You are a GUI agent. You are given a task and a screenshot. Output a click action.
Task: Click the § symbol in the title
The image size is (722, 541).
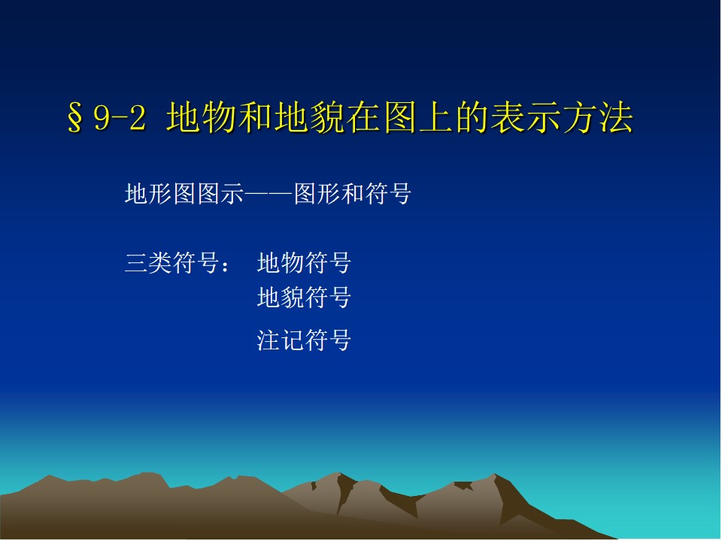(75, 118)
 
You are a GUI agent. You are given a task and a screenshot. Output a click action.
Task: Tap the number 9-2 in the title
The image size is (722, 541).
(120, 118)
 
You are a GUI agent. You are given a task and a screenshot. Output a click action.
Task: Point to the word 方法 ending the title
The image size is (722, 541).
(598, 117)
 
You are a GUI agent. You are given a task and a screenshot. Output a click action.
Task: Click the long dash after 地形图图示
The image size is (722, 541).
(268, 194)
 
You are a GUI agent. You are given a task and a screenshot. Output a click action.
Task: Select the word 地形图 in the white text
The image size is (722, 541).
(160, 194)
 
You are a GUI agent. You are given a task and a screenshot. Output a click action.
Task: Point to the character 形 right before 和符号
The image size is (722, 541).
(329, 194)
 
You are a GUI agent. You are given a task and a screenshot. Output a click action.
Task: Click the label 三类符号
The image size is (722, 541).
(171, 263)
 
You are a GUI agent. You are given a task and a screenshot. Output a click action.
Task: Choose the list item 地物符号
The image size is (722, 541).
(305, 263)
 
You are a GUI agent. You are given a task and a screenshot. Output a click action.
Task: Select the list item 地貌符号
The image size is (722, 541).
(305, 298)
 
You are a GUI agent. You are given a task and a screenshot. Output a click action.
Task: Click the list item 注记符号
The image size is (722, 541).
(305, 340)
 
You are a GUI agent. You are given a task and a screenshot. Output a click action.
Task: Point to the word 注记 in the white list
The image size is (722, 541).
(281, 340)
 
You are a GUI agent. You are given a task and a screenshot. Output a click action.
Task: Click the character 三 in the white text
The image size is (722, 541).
(136, 263)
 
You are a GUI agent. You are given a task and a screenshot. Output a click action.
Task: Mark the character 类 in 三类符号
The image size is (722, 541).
(159, 263)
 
